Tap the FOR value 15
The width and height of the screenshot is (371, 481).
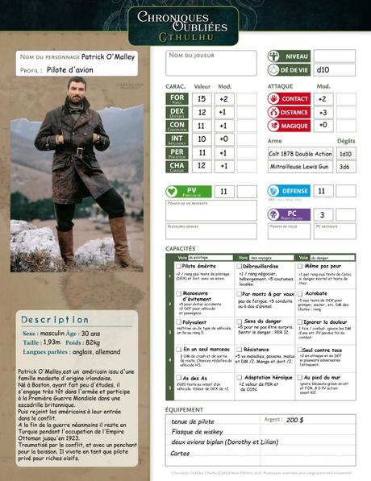click(x=201, y=98)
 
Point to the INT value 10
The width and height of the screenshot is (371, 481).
click(x=201, y=138)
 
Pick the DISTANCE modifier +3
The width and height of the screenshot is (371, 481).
click(x=323, y=112)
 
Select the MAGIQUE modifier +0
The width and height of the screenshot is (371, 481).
click(x=323, y=126)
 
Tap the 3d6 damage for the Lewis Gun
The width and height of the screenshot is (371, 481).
click(x=344, y=166)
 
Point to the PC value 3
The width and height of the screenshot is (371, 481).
click(x=323, y=214)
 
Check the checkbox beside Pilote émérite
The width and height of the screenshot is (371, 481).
click(x=179, y=266)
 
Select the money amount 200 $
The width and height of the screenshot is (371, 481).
click(x=295, y=420)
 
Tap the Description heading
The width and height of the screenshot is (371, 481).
click(x=55, y=320)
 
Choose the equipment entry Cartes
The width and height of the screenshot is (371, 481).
click(x=181, y=453)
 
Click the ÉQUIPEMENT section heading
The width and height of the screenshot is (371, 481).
click(x=184, y=409)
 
